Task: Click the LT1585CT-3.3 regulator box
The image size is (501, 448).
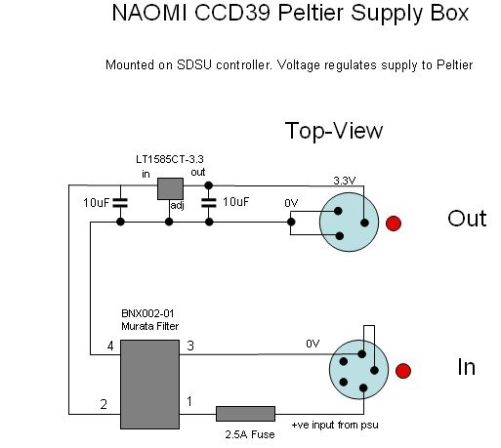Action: coord(170,188)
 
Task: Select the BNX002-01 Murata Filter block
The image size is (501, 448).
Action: coord(150,385)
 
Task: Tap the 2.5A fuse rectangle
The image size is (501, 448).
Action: coord(246,414)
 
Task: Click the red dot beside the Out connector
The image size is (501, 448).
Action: coord(394,224)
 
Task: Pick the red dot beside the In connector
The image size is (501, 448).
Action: coord(403,371)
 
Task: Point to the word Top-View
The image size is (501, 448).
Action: coord(334,131)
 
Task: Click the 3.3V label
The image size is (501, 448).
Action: coord(345,181)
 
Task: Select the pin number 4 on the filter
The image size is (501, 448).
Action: coord(110,346)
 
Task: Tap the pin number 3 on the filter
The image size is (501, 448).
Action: coord(190,346)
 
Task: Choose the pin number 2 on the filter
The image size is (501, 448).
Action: coord(104,404)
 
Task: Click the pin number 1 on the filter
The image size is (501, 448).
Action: coord(189,402)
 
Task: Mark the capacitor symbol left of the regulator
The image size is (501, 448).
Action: coord(120,203)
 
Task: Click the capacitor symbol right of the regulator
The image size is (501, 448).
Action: coord(209,203)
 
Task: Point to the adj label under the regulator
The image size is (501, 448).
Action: coord(178,206)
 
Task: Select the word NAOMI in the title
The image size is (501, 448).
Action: coord(149,13)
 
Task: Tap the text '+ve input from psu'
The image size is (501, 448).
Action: coord(335,425)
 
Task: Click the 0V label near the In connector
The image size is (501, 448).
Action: coord(313,344)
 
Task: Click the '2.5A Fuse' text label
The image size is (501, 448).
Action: coord(250,434)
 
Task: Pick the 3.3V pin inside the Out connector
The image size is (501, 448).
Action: coord(364,223)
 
